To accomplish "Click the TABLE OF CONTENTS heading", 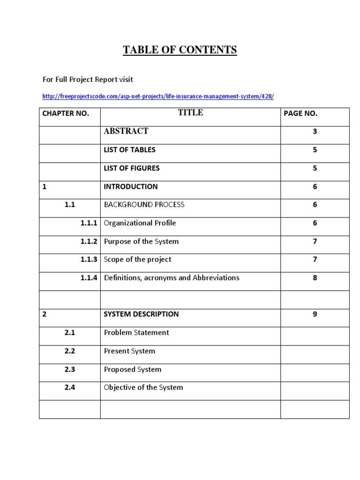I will pyautogui.click(x=180, y=50).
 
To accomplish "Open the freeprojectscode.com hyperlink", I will pyautogui.click(x=158, y=97).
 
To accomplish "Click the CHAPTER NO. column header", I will pyautogui.click(x=65, y=113).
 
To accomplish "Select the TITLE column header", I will pyautogui.click(x=190, y=112).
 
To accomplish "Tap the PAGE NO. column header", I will pyautogui.click(x=300, y=113).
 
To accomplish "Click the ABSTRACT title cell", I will pyautogui.click(x=126, y=131).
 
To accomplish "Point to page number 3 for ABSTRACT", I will pyautogui.click(x=315, y=132).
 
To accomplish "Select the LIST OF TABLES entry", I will pyautogui.click(x=129, y=150).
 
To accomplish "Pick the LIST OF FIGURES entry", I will pyautogui.click(x=131, y=168).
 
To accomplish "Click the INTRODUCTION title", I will pyautogui.click(x=130, y=187).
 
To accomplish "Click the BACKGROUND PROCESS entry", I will pyautogui.click(x=144, y=205).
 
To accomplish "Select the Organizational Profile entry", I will pyautogui.click(x=140, y=223).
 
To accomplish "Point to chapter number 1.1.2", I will pyautogui.click(x=89, y=241).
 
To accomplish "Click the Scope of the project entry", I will pyautogui.click(x=137, y=260).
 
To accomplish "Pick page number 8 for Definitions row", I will pyautogui.click(x=315, y=278).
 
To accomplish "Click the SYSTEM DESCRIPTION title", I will pyautogui.click(x=141, y=315).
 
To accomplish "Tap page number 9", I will pyautogui.click(x=315, y=315).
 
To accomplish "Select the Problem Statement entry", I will pyautogui.click(x=136, y=333).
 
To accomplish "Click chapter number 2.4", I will pyautogui.click(x=70, y=388).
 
